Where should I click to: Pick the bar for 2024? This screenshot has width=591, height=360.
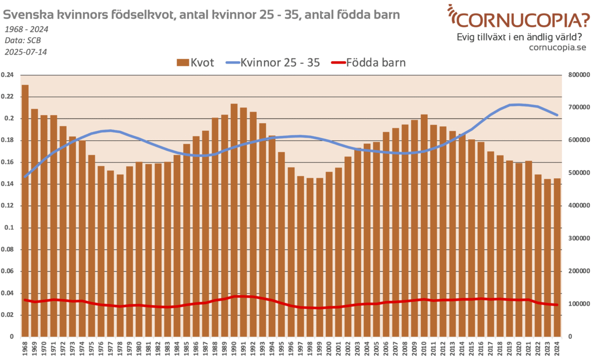pyautogui.click(x=557, y=258)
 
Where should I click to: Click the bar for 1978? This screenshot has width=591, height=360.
pyautogui.click(x=120, y=255)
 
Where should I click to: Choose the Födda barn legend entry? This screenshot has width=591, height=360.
pyautogui.click(x=368, y=63)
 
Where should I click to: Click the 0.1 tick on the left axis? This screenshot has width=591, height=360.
pyautogui.click(x=10, y=228)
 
